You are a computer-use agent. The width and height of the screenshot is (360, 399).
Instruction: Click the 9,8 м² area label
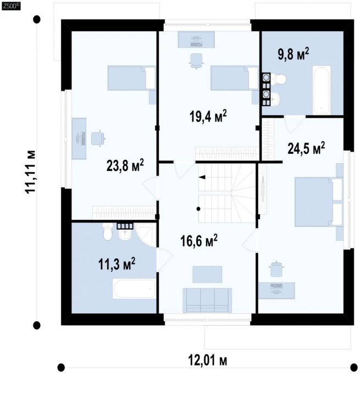pos(293,54)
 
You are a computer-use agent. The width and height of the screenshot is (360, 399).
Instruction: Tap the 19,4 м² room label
pos(208,117)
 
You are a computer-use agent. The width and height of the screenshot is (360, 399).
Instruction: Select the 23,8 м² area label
pos(125,165)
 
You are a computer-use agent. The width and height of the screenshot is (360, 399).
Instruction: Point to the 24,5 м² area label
pos(306,148)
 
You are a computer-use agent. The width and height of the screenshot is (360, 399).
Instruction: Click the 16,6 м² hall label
pos(199,241)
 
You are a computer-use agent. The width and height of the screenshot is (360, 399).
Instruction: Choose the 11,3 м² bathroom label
pos(117,264)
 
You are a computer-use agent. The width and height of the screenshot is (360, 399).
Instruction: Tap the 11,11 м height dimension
pos(31,172)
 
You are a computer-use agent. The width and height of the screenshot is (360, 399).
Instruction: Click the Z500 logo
pos(11,7)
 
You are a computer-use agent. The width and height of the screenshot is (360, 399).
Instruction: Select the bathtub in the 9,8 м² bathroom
pos(322,90)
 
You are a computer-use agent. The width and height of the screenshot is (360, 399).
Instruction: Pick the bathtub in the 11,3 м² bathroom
pos(134,289)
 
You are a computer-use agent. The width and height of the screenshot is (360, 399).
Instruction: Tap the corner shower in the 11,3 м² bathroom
pos(146,235)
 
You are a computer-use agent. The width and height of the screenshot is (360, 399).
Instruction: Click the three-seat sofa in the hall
pos(207,300)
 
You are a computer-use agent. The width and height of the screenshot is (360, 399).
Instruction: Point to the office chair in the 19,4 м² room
pos(196,61)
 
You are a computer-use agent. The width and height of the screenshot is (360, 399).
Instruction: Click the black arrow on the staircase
pos(202,178)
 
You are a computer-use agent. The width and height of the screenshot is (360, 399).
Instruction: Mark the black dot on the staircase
pos(198,209)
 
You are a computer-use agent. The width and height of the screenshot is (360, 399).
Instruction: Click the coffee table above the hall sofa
pos(207,274)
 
